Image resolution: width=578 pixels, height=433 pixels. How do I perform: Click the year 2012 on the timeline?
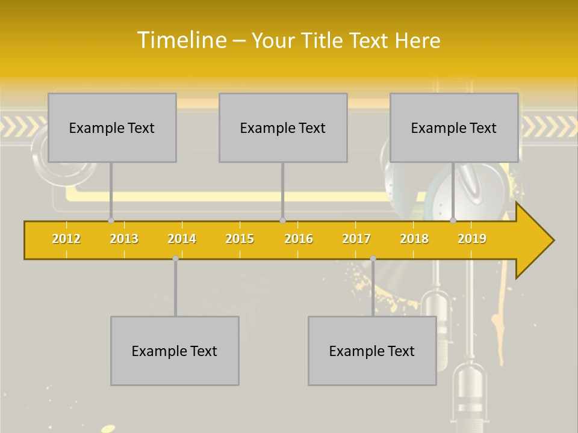click(x=66, y=239)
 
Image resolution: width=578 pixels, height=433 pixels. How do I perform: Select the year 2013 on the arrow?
click(x=124, y=239)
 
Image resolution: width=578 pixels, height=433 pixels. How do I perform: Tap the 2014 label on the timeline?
click(x=182, y=239)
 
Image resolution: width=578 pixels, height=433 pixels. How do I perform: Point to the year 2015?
click(x=240, y=239)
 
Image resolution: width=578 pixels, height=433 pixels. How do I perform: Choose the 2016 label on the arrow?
click(x=299, y=239)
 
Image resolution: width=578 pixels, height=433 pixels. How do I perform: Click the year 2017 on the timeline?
click(x=356, y=239)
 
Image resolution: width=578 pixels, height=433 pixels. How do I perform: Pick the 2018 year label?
click(x=414, y=239)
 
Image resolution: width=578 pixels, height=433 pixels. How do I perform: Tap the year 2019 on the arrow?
click(x=472, y=239)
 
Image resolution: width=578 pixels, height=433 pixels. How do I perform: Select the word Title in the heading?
click(x=323, y=41)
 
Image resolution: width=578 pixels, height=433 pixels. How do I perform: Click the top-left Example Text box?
click(x=112, y=127)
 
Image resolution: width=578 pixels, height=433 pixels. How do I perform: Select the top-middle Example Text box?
click(x=283, y=127)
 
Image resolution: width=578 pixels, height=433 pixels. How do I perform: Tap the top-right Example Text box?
click(x=454, y=127)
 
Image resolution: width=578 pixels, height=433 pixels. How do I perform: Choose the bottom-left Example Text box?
click(x=175, y=351)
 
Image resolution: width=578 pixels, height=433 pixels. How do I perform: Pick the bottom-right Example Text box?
click(x=372, y=351)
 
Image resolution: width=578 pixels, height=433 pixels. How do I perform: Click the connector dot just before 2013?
click(x=111, y=221)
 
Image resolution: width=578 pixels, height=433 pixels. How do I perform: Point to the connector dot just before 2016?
click(x=283, y=221)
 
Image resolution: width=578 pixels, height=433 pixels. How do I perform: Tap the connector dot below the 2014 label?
click(x=175, y=258)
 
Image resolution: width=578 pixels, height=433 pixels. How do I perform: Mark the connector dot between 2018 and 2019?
click(x=453, y=221)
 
